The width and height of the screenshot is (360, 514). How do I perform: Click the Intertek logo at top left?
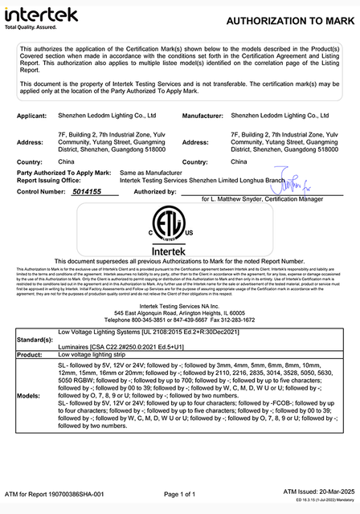(41, 14)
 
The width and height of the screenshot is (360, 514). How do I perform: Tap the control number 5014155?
(86, 192)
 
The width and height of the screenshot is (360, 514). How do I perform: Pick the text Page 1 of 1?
(180, 494)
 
